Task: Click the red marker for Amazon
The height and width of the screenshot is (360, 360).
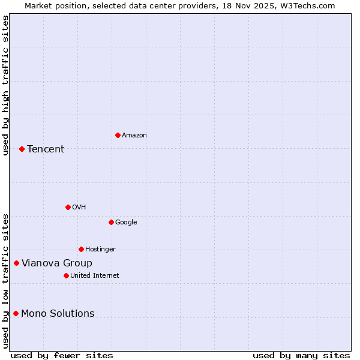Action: (118, 135)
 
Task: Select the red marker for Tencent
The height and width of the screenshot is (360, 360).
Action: (22, 149)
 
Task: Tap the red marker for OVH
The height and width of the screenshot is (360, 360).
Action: (68, 207)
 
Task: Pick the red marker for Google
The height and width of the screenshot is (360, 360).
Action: (111, 222)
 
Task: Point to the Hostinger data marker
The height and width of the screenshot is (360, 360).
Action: (81, 249)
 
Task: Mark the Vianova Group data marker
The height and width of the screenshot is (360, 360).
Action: (16, 263)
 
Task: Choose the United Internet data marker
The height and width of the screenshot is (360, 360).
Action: (66, 275)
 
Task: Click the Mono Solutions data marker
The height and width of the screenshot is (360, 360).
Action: (16, 313)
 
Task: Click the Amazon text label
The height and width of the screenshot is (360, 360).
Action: (134, 136)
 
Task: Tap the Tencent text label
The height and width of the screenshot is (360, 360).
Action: (46, 149)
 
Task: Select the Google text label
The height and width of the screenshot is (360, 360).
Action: (126, 223)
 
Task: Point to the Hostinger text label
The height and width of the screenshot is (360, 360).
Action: (100, 250)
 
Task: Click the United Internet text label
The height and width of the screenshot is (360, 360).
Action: (94, 276)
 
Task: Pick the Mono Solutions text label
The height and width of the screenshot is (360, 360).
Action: (58, 314)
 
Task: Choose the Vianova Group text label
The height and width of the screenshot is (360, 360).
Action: (57, 263)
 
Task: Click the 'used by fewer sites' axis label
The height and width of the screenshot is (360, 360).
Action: (62, 355)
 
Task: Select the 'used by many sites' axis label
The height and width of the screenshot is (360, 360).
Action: (301, 355)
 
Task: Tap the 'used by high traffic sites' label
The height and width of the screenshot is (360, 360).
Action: (5, 85)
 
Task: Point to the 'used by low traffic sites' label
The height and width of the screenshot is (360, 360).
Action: (5, 280)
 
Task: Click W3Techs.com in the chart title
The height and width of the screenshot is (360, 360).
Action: (308, 5)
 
